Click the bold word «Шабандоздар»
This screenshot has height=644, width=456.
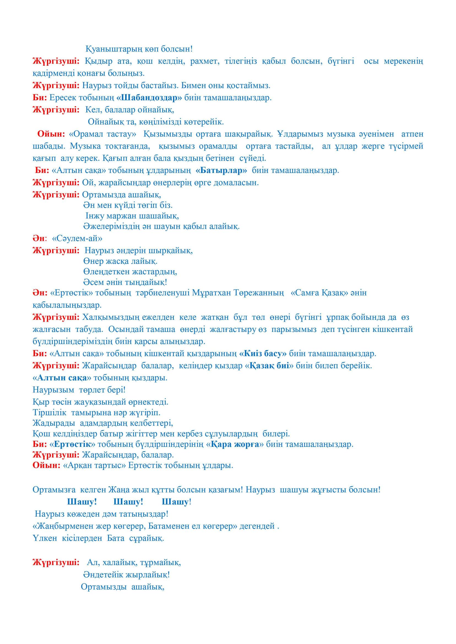[149, 98]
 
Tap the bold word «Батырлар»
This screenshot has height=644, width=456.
[221, 170]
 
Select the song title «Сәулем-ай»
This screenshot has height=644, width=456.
[77, 238]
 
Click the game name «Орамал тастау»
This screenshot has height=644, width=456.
[102, 134]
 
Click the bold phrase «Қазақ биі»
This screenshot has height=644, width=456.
[269, 366]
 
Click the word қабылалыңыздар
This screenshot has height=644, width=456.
[67, 305]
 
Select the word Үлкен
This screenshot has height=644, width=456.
[45, 538]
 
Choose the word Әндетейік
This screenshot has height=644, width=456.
[103, 574]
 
